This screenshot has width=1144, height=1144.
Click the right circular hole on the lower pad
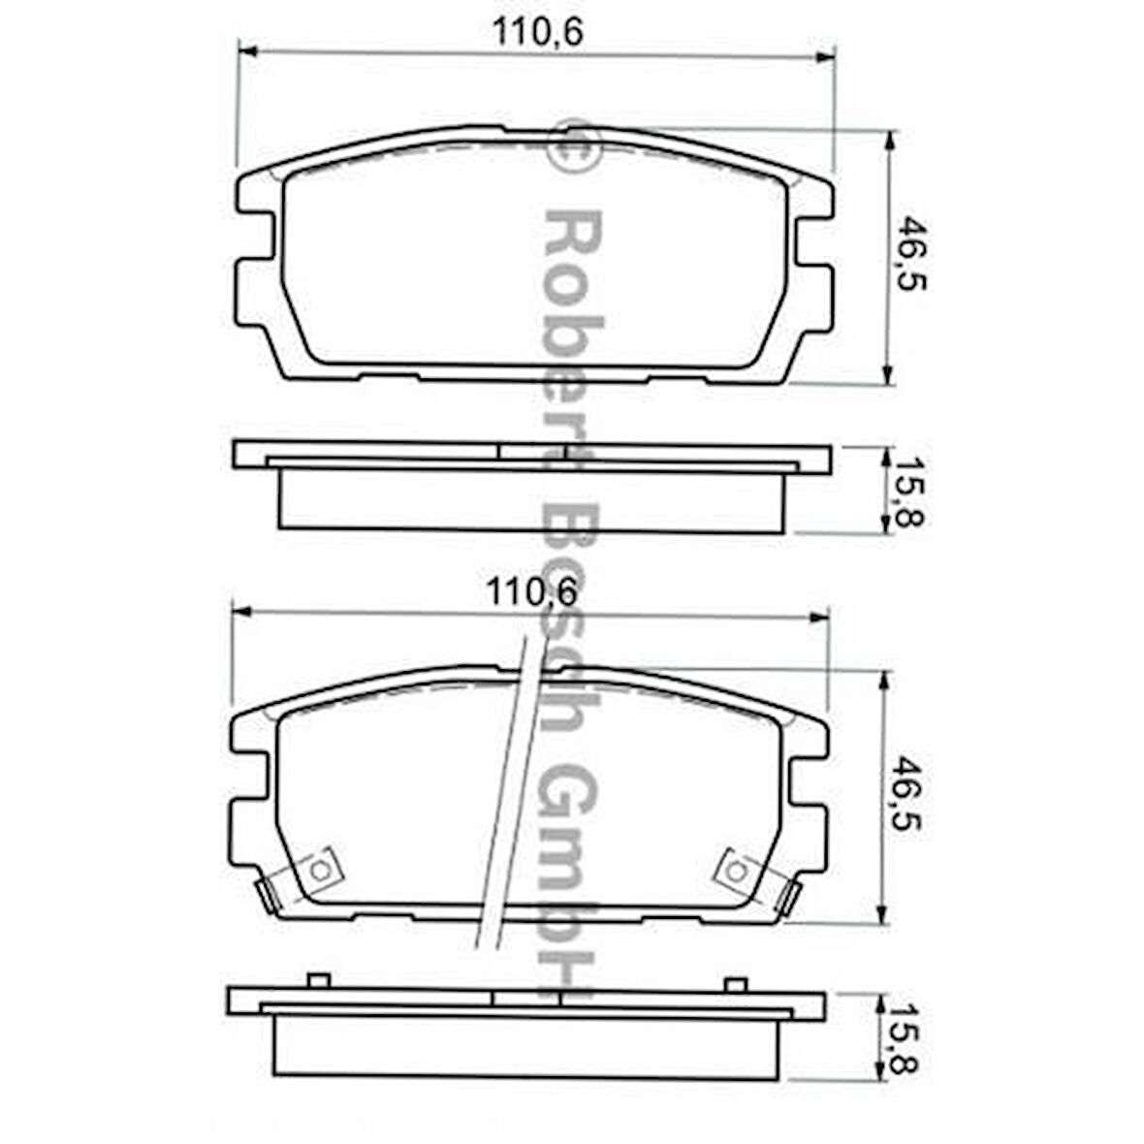[737, 872]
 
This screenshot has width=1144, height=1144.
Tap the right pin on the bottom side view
[736, 984]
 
